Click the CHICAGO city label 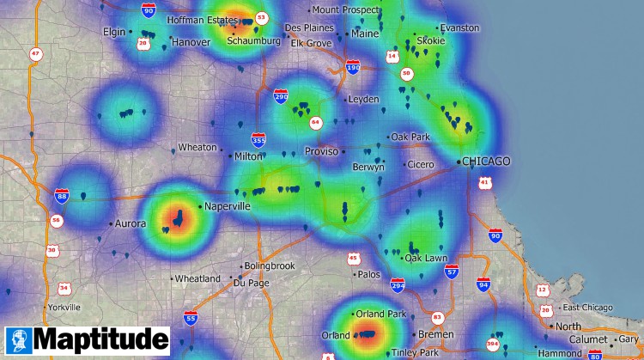(x=486, y=162)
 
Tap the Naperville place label (x=228, y=207)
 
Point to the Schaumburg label (x=254, y=40)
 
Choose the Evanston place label (x=459, y=27)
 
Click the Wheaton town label (x=197, y=148)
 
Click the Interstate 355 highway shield (x=258, y=139)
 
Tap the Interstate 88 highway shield (x=62, y=194)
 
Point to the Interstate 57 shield (x=452, y=272)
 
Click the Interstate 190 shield (x=353, y=67)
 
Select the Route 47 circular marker (x=35, y=53)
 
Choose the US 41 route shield (x=485, y=182)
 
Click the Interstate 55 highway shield (x=191, y=318)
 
